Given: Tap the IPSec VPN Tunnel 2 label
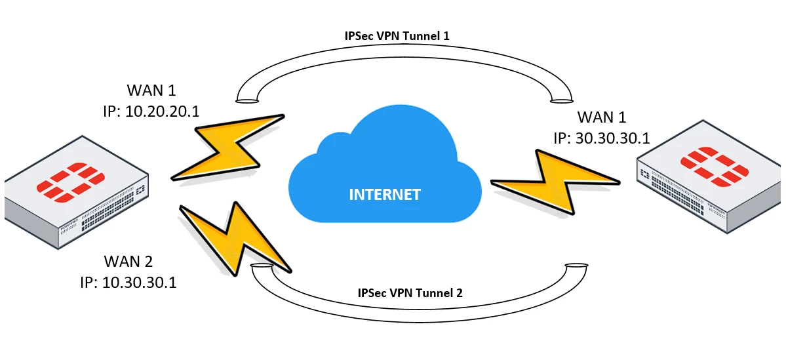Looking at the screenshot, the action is click(x=410, y=293).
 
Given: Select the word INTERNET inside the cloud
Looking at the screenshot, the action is click(x=385, y=194).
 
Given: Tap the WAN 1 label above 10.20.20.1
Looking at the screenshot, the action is click(x=150, y=90).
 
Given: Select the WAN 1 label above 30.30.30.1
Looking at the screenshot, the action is click(x=602, y=117).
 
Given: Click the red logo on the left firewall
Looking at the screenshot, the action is click(x=71, y=182).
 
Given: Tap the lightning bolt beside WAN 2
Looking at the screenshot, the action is click(x=233, y=238).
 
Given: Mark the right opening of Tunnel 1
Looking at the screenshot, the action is click(x=561, y=100).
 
